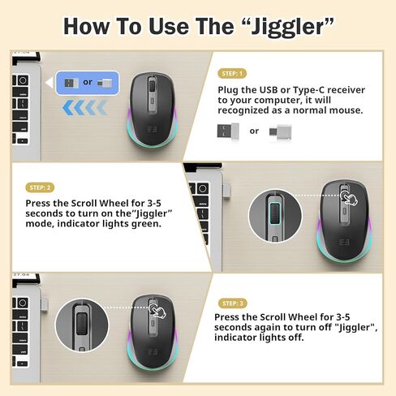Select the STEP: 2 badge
click(x=41, y=187)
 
